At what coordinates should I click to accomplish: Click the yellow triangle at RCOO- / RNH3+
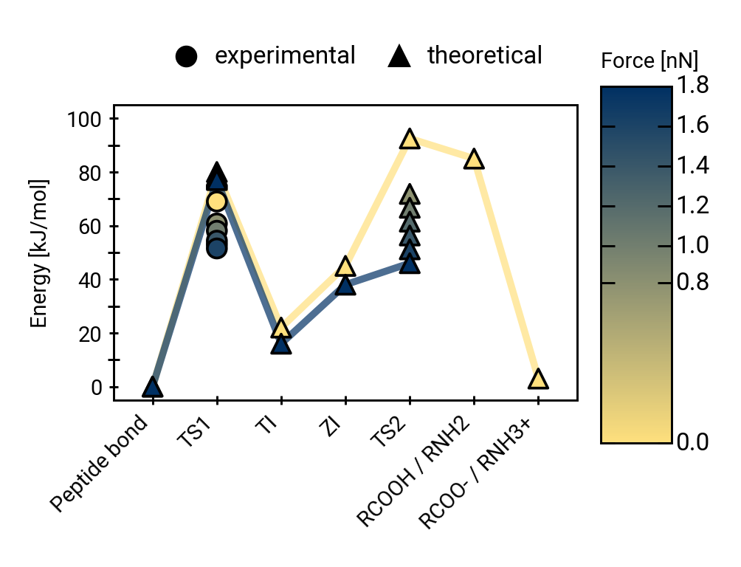point(538,379)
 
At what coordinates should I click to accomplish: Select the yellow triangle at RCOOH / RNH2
point(474,159)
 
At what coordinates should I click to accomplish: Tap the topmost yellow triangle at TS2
point(410,140)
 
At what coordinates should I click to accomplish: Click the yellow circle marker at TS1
point(216,201)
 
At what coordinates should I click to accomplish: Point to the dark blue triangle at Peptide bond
point(152,387)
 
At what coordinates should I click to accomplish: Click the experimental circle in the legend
point(187,56)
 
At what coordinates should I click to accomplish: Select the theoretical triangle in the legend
point(399,56)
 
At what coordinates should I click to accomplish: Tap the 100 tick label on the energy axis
point(88,119)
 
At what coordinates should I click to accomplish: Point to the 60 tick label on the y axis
point(93,227)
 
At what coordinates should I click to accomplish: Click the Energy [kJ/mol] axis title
point(38,253)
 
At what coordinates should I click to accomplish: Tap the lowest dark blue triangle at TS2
point(410,264)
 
